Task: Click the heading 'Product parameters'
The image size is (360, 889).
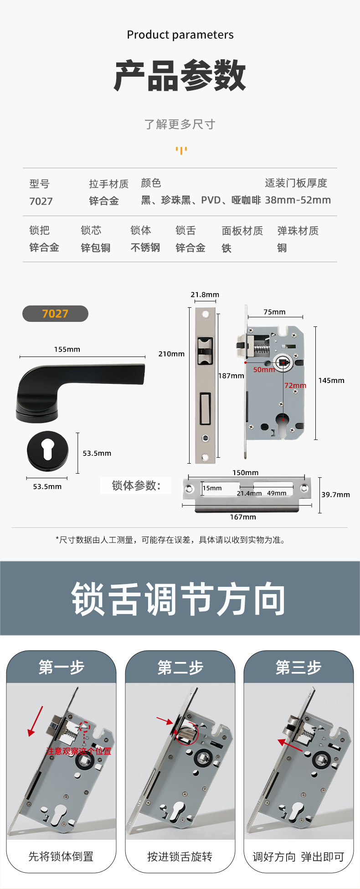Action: (180, 35)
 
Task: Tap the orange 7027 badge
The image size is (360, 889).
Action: (55, 314)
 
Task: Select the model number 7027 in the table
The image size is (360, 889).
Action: (41, 201)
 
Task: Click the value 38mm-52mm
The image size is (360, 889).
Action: (298, 200)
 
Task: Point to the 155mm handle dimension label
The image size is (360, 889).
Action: (67, 349)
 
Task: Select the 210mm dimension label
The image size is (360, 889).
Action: (171, 354)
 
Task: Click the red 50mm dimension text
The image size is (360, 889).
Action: (264, 370)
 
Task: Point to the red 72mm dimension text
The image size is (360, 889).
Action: (295, 386)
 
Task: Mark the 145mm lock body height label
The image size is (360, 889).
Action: (331, 381)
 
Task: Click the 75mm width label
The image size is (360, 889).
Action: (274, 312)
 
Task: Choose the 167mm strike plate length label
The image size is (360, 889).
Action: (243, 517)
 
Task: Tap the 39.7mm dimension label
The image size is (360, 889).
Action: (336, 495)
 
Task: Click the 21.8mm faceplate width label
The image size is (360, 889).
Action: (205, 295)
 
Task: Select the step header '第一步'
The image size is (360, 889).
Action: (62, 667)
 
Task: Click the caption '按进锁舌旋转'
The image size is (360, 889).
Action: (180, 857)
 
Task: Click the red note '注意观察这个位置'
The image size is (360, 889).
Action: (78, 751)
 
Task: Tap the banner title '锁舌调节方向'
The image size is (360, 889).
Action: (179, 599)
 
